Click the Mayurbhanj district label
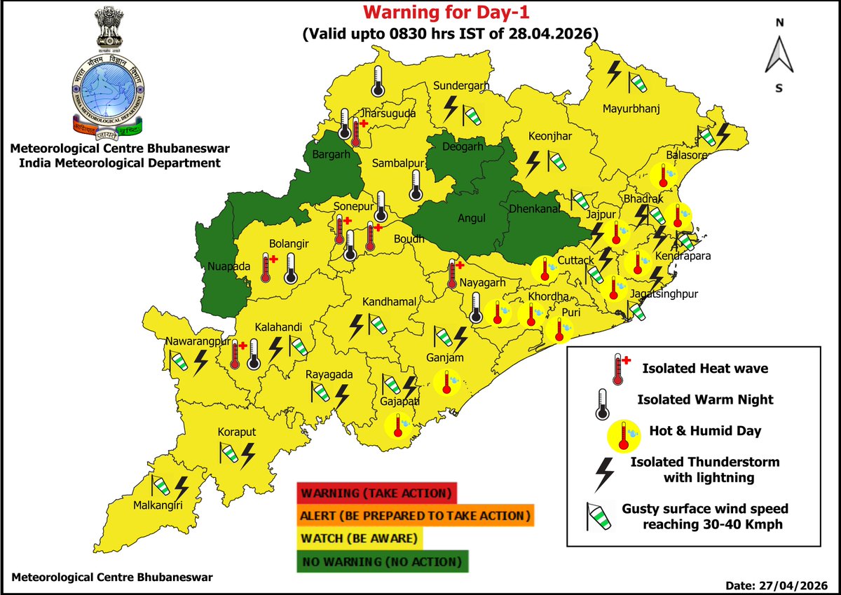click(x=632, y=109)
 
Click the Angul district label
click(x=472, y=218)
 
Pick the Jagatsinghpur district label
click(x=665, y=294)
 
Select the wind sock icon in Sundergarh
click(x=472, y=112)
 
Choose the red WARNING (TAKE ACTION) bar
click(x=376, y=492)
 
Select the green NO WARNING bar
click(x=383, y=561)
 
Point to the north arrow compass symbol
click(x=779, y=55)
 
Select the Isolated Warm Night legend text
click(x=705, y=399)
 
